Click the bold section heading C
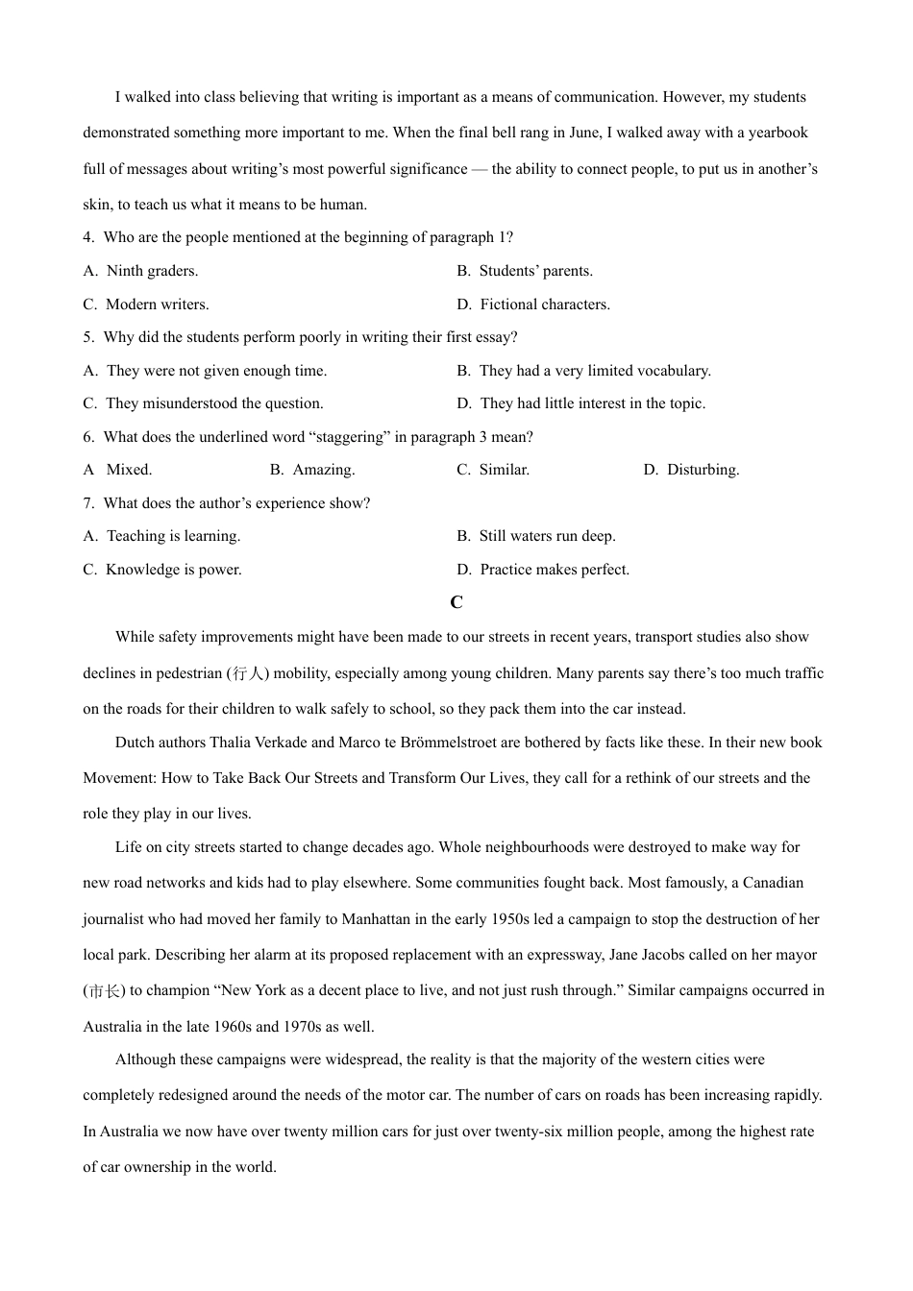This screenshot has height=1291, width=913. tap(456, 602)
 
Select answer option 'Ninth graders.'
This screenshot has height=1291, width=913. tap(152, 271)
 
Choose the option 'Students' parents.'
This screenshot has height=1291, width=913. tap(535, 271)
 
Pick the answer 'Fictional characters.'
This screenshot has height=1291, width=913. tap(545, 304)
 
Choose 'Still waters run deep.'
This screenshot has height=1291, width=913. tap(547, 536)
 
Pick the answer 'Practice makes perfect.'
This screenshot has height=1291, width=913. tap(555, 570)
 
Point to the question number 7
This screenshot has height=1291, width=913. tap(87, 503)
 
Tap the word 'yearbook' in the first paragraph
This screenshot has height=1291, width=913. tap(777, 133)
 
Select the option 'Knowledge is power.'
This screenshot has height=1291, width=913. tap(173, 570)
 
